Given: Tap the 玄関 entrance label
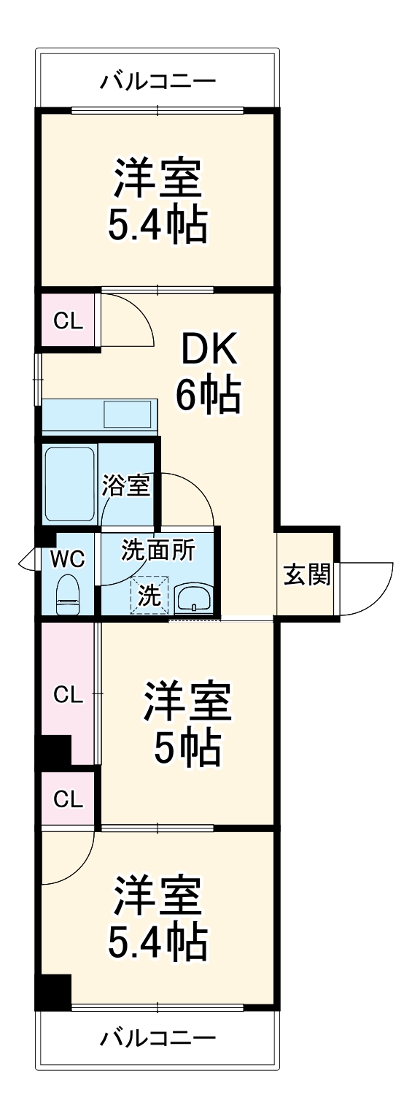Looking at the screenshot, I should [307, 575].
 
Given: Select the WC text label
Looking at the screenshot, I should [68, 559].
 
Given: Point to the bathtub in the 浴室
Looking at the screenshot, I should [70, 483].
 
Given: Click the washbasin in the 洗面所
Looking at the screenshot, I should [194, 598].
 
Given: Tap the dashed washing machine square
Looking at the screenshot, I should [149, 594].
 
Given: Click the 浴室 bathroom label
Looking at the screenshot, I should [126, 485].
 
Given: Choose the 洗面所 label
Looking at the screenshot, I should [158, 550].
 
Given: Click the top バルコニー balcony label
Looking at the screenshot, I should [158, 80].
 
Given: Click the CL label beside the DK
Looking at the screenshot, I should [68, 320].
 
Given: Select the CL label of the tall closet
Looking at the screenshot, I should [68, 695].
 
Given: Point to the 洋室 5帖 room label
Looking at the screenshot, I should [187, 723].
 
